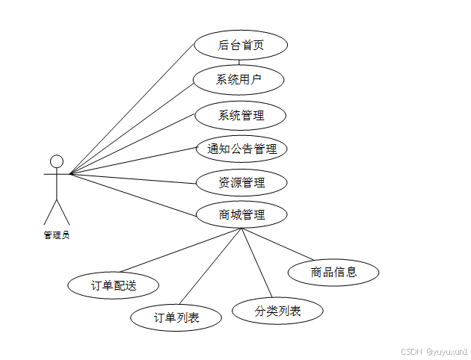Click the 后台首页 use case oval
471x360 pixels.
point(241,45)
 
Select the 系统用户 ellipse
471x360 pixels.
point(239,78)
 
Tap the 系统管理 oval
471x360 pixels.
point(241,116)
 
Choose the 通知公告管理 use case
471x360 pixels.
point(241,149)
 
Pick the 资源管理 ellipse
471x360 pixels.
point(241,181)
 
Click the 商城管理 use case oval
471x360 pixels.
point(241,214)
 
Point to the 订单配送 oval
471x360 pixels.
point(114,285)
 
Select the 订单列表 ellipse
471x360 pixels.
point(176,317)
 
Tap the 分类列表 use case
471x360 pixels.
point(277,311)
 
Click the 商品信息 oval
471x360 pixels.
point(333,272)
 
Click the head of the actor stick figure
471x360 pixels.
point(56,161)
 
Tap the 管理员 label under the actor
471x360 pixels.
point(56,235)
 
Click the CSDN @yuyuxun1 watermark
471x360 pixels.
point(434,350)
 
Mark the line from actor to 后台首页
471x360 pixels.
point(132,109)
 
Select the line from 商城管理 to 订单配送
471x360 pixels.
point(179,250)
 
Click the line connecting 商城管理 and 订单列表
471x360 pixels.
point(210,267)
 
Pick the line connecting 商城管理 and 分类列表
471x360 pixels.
point(255,264)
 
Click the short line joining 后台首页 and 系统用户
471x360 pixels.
point(240,62)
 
